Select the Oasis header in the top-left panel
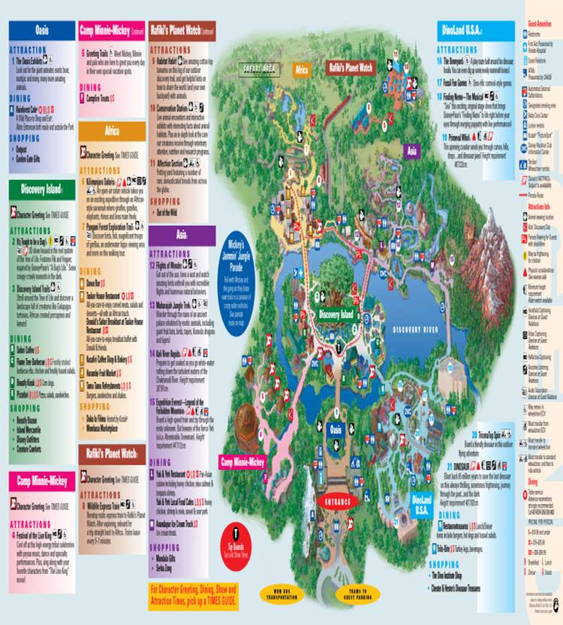41,30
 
